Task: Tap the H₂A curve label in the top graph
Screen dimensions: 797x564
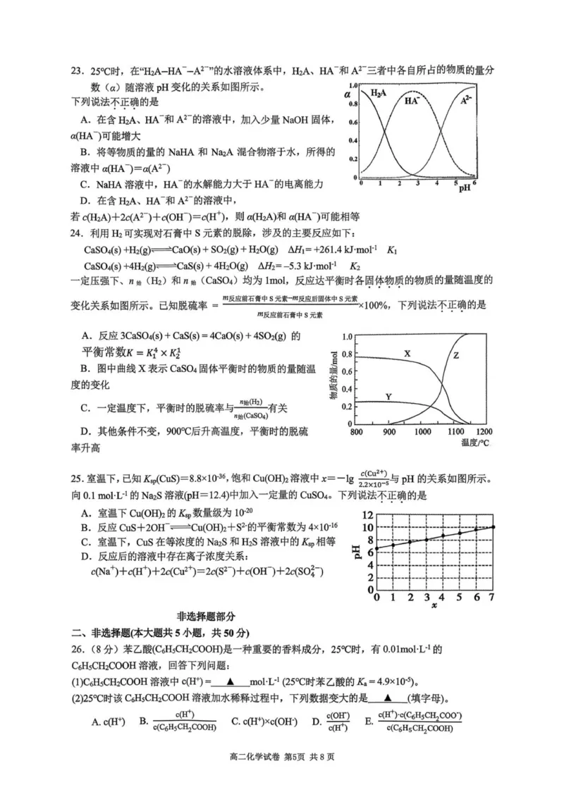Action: (x=378, y=93)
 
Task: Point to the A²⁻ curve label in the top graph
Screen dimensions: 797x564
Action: (x=467, y=100)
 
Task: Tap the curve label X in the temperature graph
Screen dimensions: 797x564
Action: (x=407, y=352)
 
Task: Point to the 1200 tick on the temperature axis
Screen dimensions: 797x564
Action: (x=484, y=431)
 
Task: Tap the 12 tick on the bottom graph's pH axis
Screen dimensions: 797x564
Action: (x=367, y=513)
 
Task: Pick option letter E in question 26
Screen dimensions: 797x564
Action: (x=368, y=722)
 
